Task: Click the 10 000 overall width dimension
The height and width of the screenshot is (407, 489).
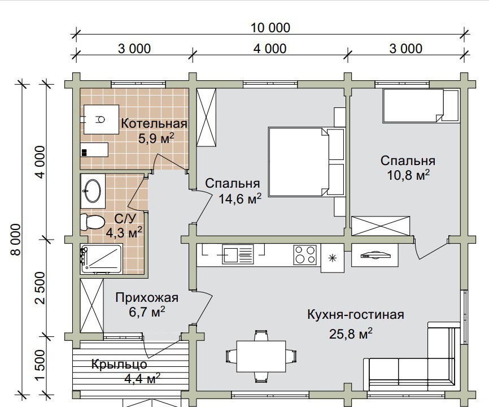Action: point(270,28)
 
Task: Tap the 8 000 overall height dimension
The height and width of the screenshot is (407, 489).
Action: point(16,239)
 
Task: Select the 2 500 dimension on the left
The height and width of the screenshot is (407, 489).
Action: point(40,288)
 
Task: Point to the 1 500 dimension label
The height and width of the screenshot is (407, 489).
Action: point(40,365)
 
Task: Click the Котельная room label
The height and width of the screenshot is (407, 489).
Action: point(154,124)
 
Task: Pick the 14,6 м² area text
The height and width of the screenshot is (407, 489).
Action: point(240,198)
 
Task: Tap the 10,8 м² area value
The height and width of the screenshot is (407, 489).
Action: point(408,175)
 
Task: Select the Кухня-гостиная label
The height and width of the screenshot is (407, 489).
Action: point(356,314)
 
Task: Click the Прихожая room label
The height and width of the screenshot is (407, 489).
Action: point(147,297)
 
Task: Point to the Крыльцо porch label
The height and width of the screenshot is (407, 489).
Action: point(119,364)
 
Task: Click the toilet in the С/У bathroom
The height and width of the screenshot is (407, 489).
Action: point(92,222)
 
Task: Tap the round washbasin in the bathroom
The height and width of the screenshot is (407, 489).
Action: point(92,190)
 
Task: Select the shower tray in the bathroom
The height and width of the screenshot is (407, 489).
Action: point(101,258)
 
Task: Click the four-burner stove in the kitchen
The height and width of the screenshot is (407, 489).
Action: point(305,255)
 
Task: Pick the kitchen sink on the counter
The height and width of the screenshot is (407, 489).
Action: point(238,254)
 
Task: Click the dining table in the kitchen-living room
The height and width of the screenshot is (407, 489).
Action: point(261,356)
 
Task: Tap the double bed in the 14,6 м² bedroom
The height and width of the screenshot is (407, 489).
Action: point(307,162)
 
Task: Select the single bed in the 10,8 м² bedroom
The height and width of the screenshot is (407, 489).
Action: point(421,105)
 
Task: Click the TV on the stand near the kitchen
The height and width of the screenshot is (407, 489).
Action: point(375,254)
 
